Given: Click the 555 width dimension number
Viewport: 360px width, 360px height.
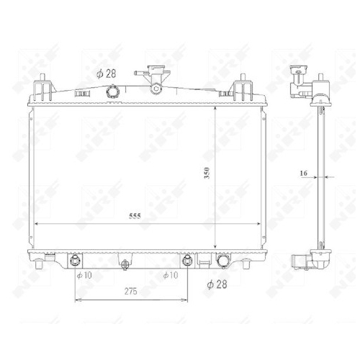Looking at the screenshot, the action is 135,216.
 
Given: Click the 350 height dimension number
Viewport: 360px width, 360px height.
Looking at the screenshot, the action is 207,173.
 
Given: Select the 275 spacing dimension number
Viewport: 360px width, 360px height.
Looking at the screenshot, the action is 131,291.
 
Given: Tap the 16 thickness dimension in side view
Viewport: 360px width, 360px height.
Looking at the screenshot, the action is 303,173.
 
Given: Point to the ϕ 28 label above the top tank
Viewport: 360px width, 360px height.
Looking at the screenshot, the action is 106,73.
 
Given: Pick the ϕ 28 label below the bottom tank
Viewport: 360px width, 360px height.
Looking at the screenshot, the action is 217,284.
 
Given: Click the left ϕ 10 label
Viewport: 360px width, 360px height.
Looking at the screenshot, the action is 84,275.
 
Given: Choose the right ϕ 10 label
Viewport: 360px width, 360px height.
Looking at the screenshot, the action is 171,275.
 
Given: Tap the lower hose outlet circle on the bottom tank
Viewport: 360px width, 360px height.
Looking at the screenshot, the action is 223,261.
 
